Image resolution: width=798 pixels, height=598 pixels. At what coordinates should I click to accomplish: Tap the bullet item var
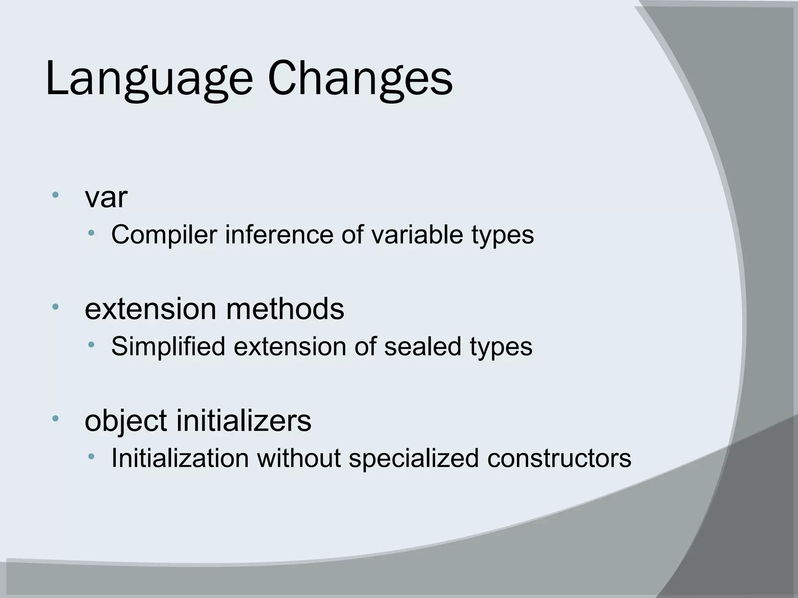coord(106,198)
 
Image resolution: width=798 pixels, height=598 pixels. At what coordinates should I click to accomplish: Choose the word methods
coord(285,309)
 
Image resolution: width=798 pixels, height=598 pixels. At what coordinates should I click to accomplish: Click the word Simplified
coord(168,346)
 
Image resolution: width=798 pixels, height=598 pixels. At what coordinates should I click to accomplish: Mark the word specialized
coord(413,459)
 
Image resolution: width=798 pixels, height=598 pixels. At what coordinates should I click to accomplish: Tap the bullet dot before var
coord(55,194)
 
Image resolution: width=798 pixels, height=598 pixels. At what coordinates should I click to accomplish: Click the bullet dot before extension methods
coord(55,306)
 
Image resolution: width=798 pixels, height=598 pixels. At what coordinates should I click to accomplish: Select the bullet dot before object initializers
coord(55,419)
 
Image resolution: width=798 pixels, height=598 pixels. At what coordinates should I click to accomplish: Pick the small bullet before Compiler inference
coord(91,233)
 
